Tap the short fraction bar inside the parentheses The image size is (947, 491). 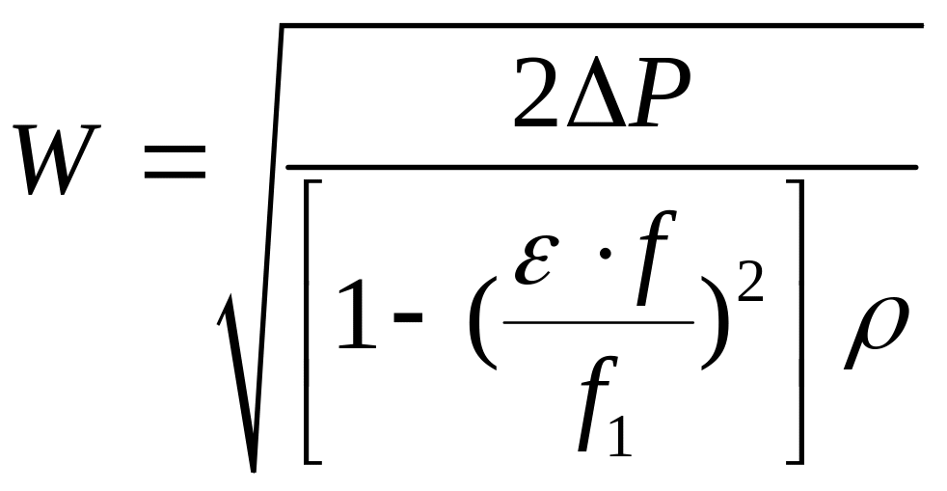point(597,322)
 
